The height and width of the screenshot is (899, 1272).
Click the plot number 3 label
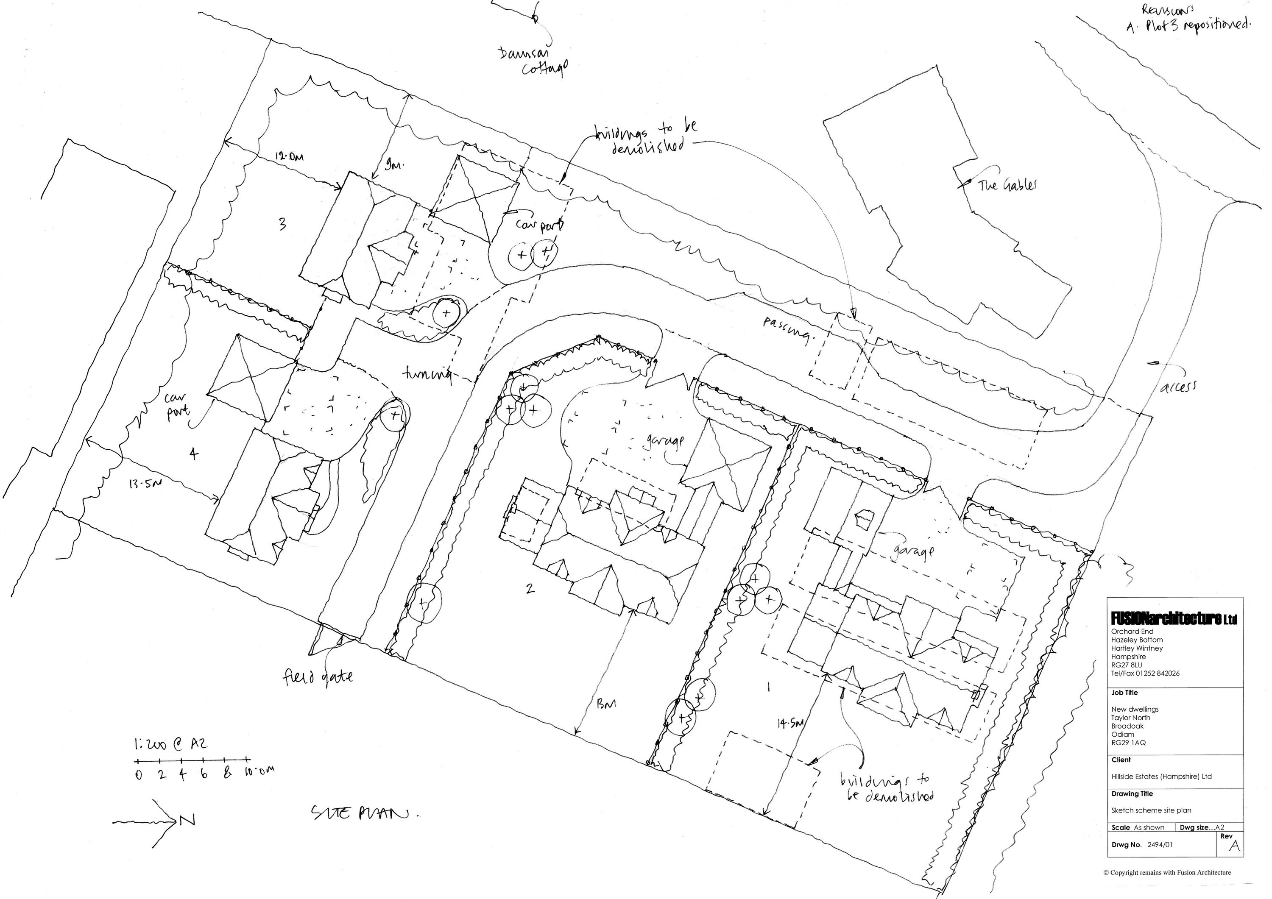(x=282, y=224)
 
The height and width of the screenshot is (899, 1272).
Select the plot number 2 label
(x=530, y=588)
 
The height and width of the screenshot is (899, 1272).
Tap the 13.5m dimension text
(x=146, y=484)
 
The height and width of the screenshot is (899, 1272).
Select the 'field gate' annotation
(x=318, y=677)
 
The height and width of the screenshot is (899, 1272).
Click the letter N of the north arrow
(x=187, y=821)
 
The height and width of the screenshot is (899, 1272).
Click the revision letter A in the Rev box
(x=1234, y=846)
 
